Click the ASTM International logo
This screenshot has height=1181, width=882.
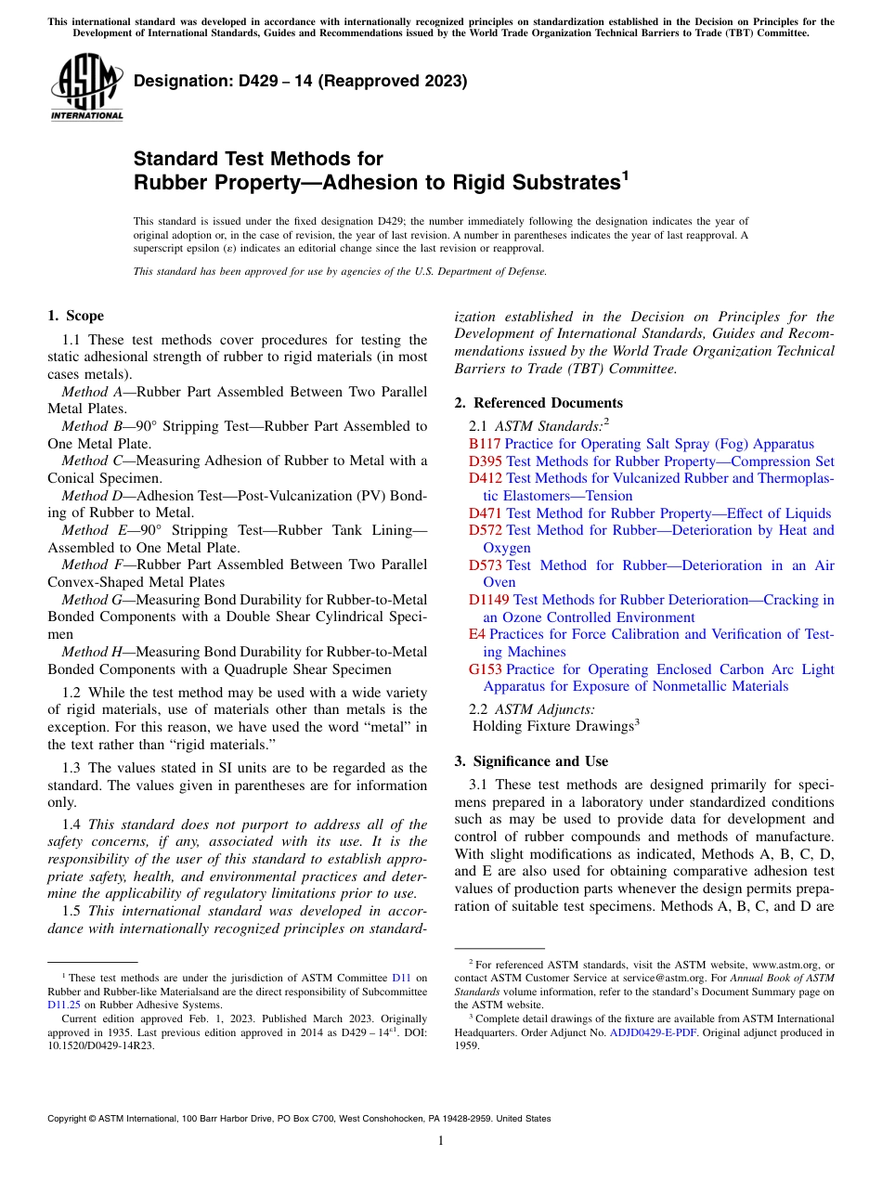pos(86,86)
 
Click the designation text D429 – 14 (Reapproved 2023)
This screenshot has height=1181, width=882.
pos(300,82)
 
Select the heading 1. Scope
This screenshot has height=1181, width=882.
pos(75,316)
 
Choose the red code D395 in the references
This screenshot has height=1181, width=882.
pos(485,461)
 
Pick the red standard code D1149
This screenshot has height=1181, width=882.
pos(488,600)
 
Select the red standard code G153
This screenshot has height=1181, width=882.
pos(485,669)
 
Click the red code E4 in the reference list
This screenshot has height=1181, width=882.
pos(476,634)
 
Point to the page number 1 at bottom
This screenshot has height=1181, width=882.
pos(441,1141)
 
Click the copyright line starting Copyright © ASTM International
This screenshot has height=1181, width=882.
pos(299,1119)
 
